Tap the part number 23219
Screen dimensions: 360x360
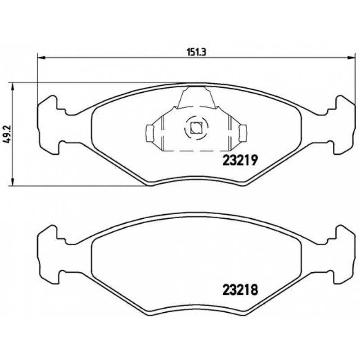coord(240,160)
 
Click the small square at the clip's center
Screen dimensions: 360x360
coord(195,128)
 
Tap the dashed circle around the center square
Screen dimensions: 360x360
coord(186,129)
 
